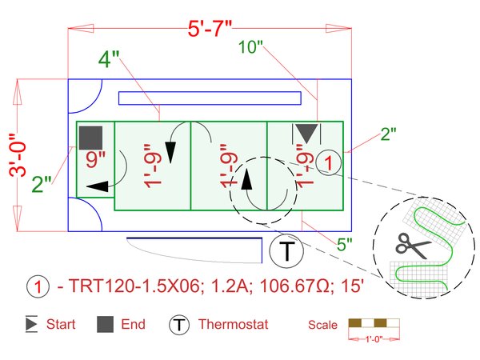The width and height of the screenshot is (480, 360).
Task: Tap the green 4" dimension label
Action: point(110,60)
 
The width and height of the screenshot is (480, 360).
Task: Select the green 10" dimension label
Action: point(251,47)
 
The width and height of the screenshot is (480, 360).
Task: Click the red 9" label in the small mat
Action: point(96,159)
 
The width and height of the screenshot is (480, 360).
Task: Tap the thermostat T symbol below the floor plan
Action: point(286,252)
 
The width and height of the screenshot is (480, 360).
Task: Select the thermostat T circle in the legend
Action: point(178,325)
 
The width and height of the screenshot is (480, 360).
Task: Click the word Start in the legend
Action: point(61,325)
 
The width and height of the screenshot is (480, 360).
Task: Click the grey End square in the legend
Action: point(105,325)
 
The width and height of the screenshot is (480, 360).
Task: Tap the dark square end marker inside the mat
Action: point(90,137)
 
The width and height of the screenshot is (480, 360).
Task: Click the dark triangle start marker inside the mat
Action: point(306,133)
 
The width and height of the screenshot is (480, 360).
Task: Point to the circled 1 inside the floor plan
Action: point(329,162)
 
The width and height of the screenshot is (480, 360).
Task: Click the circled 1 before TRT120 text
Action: point(37,286)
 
